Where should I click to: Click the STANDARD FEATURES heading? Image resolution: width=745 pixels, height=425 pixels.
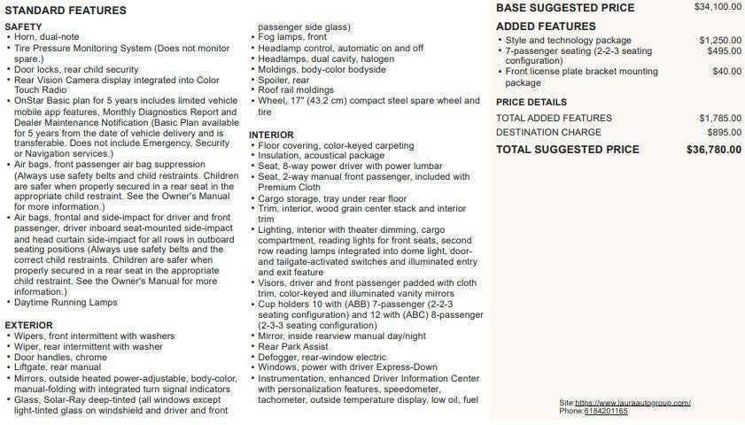pyautogui.click(x=66, y=11)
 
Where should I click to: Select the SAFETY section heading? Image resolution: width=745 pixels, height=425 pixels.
pyautogui.click(x=23, y=27)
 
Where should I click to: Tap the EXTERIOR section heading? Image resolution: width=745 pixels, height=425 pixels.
pyautogui.click(x=29, y=325)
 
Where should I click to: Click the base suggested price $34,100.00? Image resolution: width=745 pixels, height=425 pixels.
pyautogui.click(x=718, y=7)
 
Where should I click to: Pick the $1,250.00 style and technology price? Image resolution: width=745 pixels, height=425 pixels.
pyautogui.click(x=720, y=40)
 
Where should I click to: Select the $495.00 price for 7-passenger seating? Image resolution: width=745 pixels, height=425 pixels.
pyautogui.click(x=725, y=51)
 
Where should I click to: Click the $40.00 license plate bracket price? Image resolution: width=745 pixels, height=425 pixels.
pyautogui.click(x=727, y=71)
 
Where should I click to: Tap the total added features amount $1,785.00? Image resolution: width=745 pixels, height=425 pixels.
pyautogui.click(x=720, y=118)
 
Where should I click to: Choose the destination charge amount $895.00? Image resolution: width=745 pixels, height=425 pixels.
pyautogui.click(x=725, y=132)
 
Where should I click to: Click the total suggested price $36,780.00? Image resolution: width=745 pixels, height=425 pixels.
pyautogui.click(x=714, y=150)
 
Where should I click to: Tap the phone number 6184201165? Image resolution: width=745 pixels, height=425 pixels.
pyautogui.click(x=606, y=412)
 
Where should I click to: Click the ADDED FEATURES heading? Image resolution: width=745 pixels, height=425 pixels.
pyautogui.click(x=546, y=27)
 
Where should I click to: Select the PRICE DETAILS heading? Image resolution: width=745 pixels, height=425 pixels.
pyautogui.click(x=532, y=103)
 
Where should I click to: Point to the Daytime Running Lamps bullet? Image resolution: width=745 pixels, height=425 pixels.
pyautogui.click(x=66, y=303)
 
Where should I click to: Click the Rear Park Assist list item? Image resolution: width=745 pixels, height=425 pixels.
pyautogui.click(x=293, y=346)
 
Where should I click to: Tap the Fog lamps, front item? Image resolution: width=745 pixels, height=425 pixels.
pyautogui.click(x=291, y=37)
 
